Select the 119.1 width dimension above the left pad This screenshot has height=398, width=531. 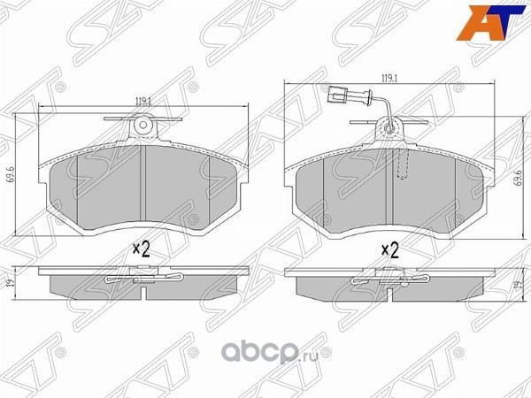[141, 99]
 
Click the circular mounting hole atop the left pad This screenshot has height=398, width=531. [141, 129]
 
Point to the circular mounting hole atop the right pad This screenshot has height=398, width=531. [390, 129]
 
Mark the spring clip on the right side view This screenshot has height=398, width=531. [390, 280]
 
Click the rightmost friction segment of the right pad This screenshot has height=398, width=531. [470, 188]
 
